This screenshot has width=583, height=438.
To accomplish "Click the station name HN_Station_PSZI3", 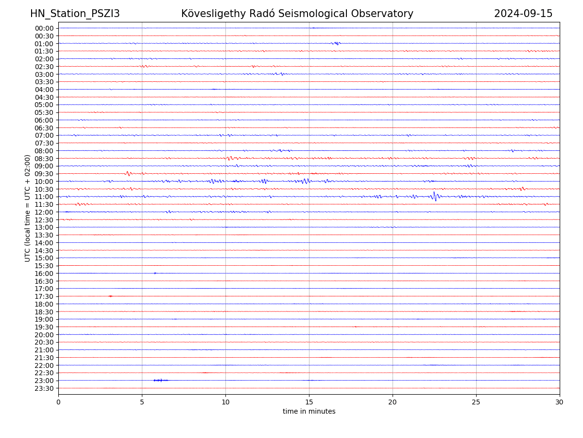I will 75,14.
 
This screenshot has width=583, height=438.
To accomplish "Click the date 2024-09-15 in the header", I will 523,14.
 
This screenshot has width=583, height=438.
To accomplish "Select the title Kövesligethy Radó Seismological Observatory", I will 297,14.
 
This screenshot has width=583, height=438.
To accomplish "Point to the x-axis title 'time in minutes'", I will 309,411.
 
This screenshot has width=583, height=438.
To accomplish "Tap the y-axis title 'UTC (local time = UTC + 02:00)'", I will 28,208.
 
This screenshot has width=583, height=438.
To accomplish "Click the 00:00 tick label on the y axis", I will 44,28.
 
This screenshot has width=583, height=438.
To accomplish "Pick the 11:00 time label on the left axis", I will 44,197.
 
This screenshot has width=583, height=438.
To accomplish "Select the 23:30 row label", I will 44,388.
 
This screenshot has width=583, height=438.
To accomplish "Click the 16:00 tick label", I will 44,274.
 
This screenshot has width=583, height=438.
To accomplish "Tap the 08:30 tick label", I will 44,159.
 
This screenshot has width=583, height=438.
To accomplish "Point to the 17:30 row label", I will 44,296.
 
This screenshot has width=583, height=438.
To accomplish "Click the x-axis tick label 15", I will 309,402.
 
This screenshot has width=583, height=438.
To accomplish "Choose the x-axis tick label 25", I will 476,402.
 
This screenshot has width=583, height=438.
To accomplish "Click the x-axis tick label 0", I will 58,402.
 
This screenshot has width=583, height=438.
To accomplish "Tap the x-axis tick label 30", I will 560,402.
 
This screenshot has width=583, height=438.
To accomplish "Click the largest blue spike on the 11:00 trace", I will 434,196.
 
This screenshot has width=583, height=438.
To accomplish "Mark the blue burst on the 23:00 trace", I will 160,380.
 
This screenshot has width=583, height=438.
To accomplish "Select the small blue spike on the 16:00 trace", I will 155,273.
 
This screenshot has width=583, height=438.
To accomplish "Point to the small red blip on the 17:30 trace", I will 111,296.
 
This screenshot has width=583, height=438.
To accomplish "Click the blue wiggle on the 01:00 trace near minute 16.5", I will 336,43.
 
